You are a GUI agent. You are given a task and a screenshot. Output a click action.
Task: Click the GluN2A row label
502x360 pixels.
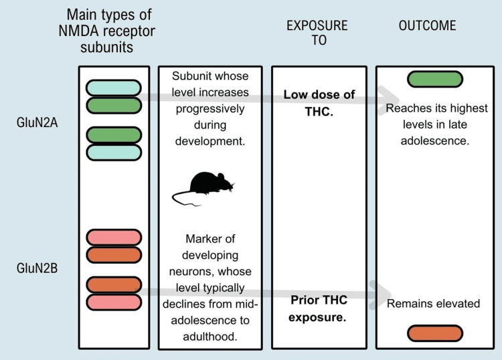point(37,122)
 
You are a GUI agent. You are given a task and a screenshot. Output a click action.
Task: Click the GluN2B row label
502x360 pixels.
point(37,268)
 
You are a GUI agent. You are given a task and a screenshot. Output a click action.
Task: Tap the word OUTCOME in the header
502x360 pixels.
point(428,25)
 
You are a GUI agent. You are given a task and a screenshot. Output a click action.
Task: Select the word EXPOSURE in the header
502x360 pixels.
point(317,25)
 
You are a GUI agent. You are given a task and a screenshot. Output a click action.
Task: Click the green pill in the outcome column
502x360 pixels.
point(435,79)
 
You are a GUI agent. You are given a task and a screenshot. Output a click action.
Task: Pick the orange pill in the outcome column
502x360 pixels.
point(435,333)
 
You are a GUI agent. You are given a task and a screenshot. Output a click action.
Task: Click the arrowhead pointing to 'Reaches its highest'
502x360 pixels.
point(388,100)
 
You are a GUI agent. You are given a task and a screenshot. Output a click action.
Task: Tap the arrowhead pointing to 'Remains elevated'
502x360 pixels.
point(380,294)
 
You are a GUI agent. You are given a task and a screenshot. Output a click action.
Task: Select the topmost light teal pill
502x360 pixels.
point(114,88)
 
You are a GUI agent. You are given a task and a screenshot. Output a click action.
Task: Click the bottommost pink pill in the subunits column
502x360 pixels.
point(114,302)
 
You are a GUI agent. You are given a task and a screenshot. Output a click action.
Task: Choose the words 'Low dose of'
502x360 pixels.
point(319,95)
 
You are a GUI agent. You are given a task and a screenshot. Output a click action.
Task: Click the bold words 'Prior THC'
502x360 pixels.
point(319,300)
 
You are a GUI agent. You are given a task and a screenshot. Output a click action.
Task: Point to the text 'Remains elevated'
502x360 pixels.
point(433,303)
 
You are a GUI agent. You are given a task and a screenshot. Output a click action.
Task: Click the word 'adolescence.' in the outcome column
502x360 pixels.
point(435,141)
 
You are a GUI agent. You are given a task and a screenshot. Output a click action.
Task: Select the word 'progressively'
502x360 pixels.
point(210,109)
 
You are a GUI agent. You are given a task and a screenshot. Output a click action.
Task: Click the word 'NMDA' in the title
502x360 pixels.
point(79,31)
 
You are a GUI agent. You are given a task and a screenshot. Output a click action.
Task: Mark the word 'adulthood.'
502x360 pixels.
point(210,337)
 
